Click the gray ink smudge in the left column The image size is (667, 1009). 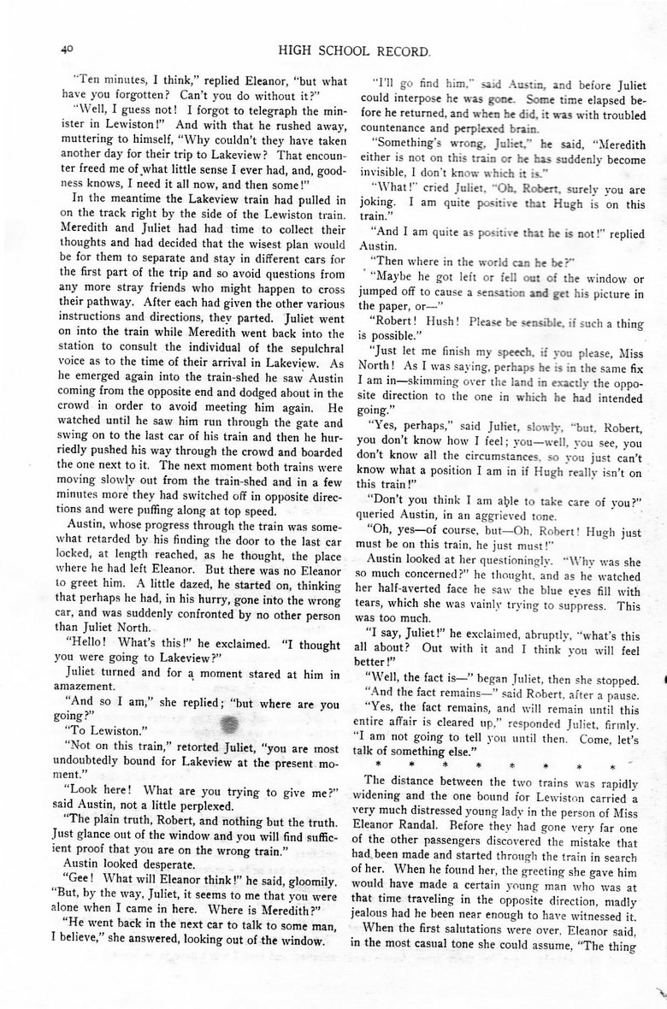tap(230, 700)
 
